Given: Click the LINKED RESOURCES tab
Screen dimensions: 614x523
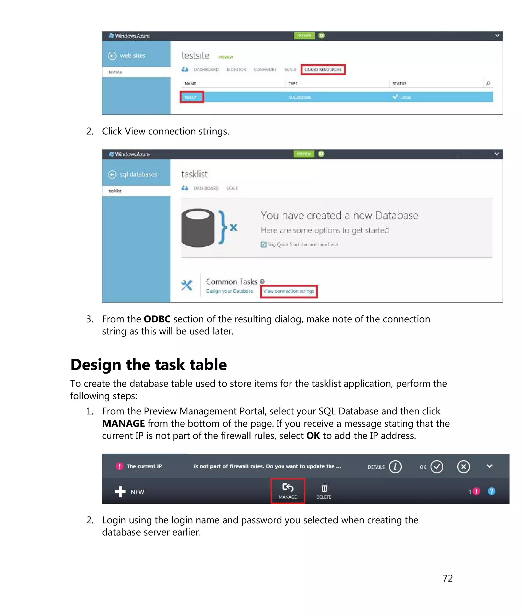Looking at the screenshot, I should pyautogui.click(x=323, y=70).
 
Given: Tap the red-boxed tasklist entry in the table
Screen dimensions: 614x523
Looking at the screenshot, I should pyautogui.click(x=191, y=97).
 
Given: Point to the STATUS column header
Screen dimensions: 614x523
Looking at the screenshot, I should pyautogui.click(x=399, y=84).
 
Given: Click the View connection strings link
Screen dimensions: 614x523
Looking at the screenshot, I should pyautogui.click(x=289, y=291).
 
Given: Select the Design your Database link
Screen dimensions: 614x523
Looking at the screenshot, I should pyautogui.click(x=229, y=291).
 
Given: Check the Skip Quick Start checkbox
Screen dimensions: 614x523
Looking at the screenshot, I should pyautogui.click(x=263, y=245).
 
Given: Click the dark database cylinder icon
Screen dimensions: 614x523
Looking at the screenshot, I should pyautogui.click(x=198, y=228).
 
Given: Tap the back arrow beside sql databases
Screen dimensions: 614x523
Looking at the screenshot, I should pyautogui.click(x=112, y=175).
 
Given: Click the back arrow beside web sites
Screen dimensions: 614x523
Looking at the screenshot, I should pyautogui.click(x=112, y=56).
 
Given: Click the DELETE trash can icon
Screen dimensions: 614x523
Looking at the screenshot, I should pyautogui.click(x=324, y=488).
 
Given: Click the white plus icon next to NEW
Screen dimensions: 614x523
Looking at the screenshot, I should pyautogui.click(x=120, y=492).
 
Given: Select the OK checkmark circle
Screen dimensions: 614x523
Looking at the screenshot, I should pyautogui.click(x=436, y=467).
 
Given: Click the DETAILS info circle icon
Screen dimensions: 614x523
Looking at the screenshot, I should pyautogui.click(x=395, y=467).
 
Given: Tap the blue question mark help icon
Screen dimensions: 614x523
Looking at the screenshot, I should pyautogui.click(x=491, y=491).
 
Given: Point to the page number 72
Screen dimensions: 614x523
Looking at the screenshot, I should pyautogui.click(x=447, y=578).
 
